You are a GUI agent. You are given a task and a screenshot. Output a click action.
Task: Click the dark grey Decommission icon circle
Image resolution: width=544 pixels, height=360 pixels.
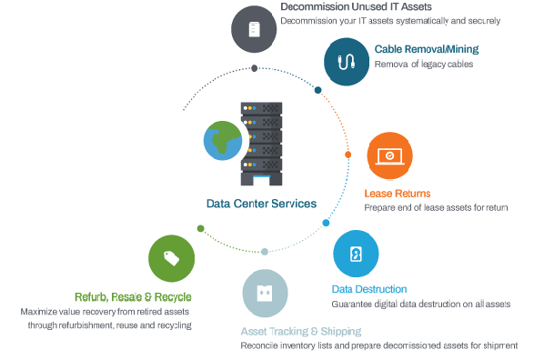[x=254, y=29]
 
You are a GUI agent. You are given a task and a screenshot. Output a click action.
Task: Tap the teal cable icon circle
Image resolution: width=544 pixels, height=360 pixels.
[x=347, y=62]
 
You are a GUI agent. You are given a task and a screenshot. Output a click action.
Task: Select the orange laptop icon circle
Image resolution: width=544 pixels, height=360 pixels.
[x=389, y=155]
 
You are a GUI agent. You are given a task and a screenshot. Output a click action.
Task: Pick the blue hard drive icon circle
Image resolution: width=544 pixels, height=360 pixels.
[x=356, y=254]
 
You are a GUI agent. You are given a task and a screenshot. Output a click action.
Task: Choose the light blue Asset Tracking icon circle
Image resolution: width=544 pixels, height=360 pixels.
[x=265, y=293]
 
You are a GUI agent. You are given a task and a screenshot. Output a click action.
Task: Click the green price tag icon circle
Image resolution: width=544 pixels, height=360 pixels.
[x=171, y=258]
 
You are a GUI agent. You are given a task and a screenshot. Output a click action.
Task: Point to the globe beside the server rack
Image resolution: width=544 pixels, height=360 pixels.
[x=223, y=141]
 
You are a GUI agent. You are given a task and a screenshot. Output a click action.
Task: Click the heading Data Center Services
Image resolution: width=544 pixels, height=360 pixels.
[x=261, y=204]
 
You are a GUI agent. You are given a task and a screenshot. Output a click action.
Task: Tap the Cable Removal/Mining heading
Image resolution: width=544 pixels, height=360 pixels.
[x=427, y=49]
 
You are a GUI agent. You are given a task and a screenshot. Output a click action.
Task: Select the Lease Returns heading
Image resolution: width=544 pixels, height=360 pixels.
[x=398, y=194]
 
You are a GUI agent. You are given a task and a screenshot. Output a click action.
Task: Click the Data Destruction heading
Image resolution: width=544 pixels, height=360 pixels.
[x=369, y=289]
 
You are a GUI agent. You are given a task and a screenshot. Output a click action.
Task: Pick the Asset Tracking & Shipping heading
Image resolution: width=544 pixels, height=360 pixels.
[x=301, y=332]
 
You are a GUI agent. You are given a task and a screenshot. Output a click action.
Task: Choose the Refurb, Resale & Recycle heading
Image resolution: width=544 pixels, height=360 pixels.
[x=133, y=297]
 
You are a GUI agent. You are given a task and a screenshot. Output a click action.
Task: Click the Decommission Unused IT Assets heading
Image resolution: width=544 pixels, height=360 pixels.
[x=356, y=6]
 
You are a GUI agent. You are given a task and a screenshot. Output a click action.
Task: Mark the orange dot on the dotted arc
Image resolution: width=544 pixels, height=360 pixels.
[x=348, y=155]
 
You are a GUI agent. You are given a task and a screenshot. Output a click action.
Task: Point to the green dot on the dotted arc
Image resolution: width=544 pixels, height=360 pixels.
[x=200, y=228]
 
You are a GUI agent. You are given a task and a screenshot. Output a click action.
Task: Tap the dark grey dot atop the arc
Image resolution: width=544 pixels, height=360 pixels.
[x=255, y=68]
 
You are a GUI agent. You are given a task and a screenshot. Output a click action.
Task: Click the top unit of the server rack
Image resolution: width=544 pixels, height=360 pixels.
[x=261, y=108]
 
